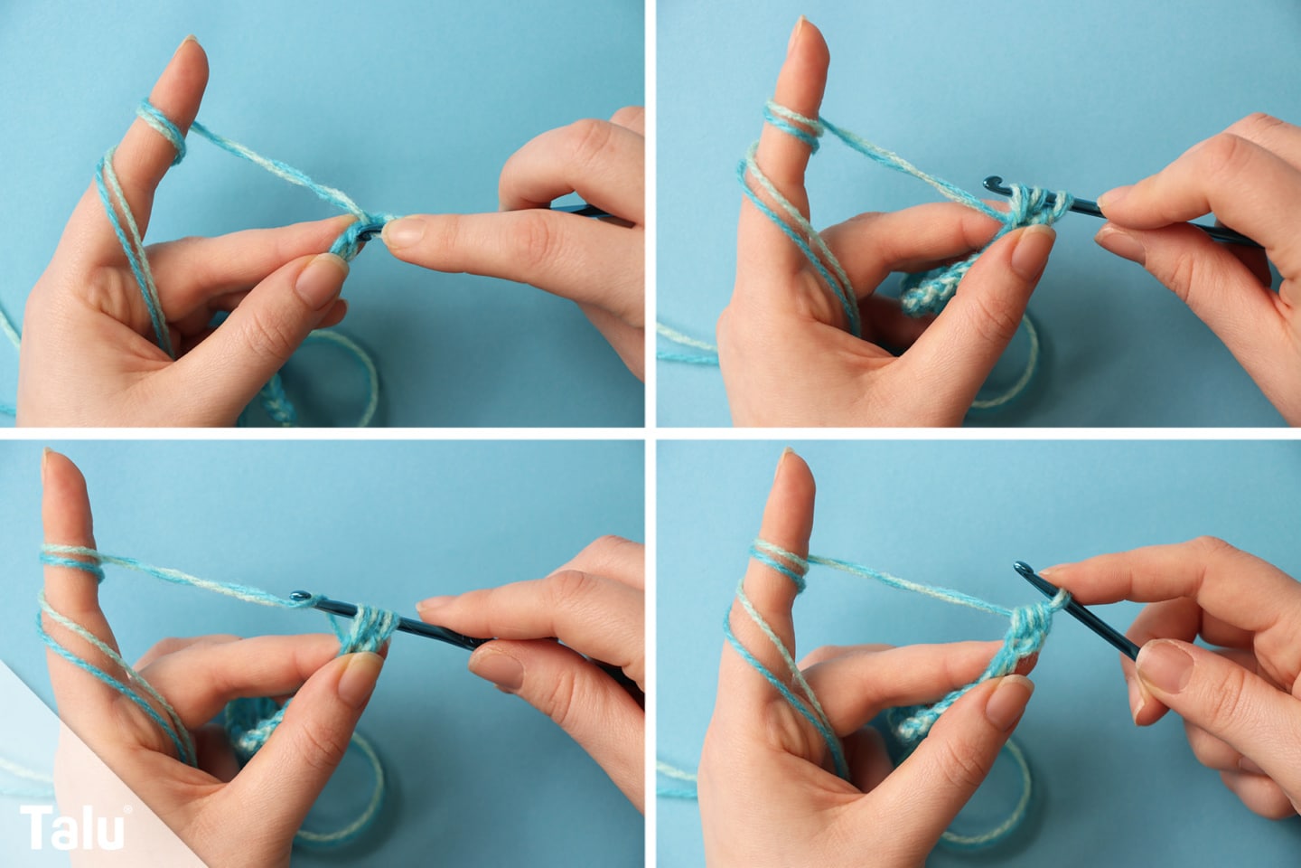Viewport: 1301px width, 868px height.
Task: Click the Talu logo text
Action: (x=72, y=826)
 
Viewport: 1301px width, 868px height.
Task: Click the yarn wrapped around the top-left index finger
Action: (x=162, y=131)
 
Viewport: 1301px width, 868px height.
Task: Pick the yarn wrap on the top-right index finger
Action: (x=793, y=126)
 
